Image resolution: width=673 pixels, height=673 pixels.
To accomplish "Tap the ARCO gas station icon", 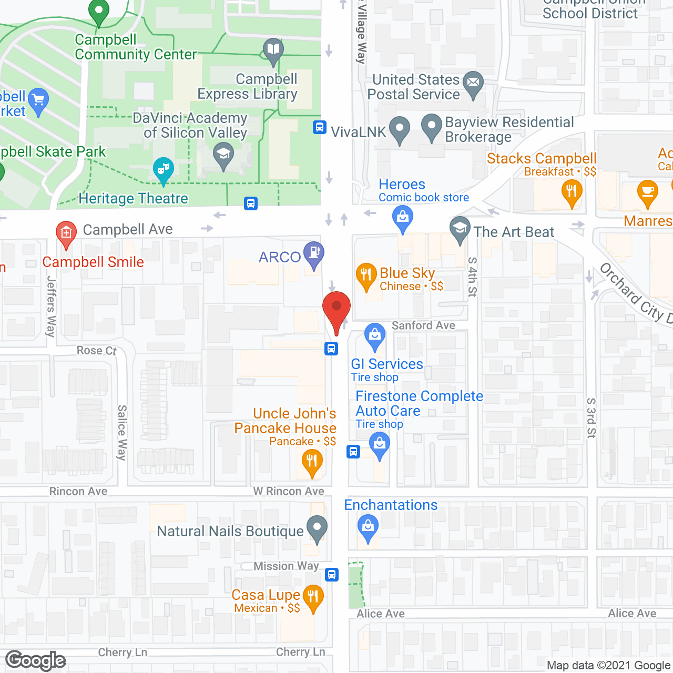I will coord(314,253).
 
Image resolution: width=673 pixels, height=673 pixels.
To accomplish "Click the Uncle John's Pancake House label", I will coord(285,421).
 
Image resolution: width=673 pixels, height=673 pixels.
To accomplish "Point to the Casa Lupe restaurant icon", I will coord(313,597).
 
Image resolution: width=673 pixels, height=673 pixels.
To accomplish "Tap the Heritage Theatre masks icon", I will coord(164,169).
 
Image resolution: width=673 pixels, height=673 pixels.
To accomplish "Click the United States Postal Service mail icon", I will coord(474,83).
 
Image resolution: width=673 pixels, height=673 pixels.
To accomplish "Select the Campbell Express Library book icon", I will coord(273,50).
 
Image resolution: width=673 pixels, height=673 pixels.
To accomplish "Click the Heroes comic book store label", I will coord(402,185).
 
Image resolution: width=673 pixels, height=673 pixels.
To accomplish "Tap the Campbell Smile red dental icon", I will coord(66,232).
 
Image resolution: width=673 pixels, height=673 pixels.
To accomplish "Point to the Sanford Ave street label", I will coord(423,325).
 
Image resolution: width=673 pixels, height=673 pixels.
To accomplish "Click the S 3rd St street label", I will coord(591,418).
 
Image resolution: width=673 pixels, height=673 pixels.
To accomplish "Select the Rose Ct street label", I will coord(97,351).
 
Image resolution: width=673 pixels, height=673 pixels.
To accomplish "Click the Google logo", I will coord(36,660).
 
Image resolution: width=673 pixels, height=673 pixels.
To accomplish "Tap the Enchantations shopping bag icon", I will coord(368,526).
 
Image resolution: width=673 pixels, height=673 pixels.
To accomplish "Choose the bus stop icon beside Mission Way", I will coord(331,575).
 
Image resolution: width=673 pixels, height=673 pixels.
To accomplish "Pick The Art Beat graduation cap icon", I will coord(460,228).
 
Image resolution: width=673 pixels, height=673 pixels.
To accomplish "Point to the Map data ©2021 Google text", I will coord(609,666).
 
